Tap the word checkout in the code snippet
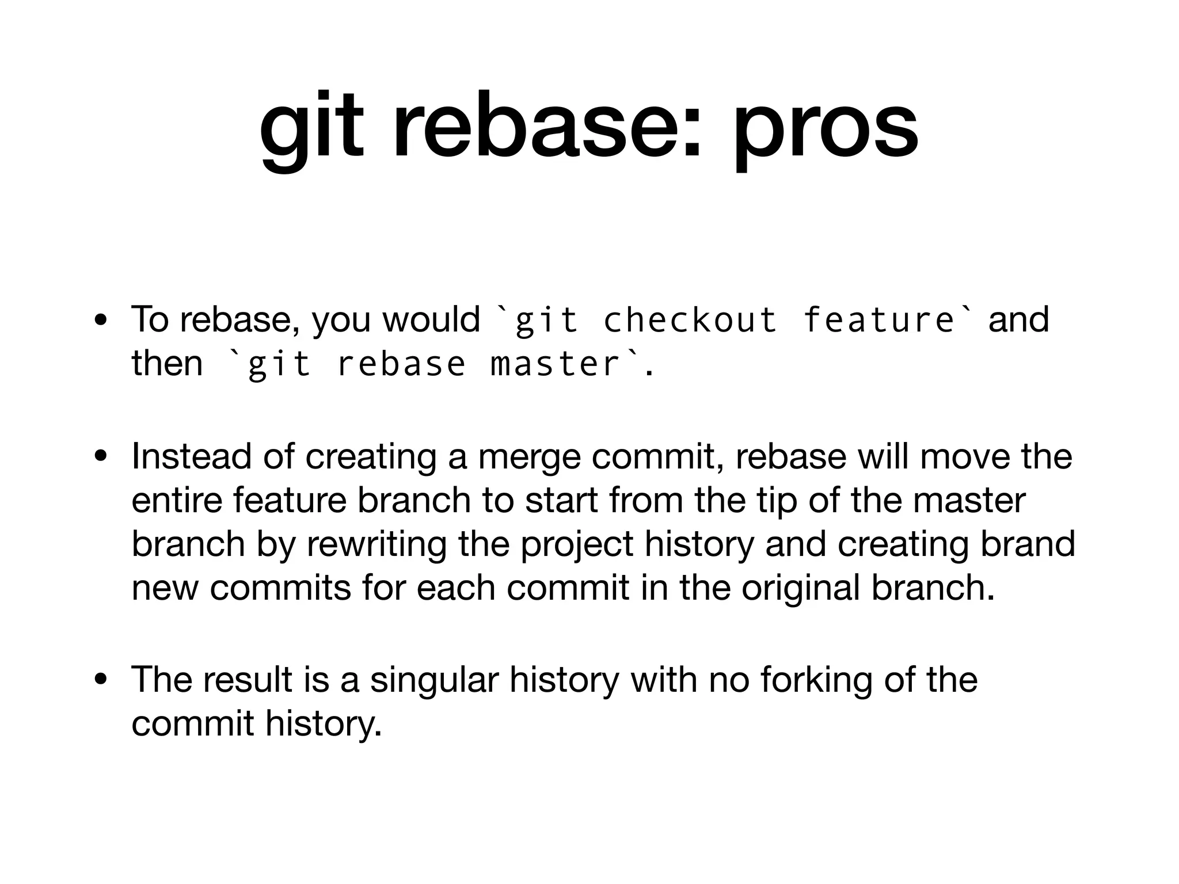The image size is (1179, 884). (690, 320)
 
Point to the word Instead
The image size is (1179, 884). (192, 456)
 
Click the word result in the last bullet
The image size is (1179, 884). (248, 679)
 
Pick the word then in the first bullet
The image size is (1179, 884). (167, 364)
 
